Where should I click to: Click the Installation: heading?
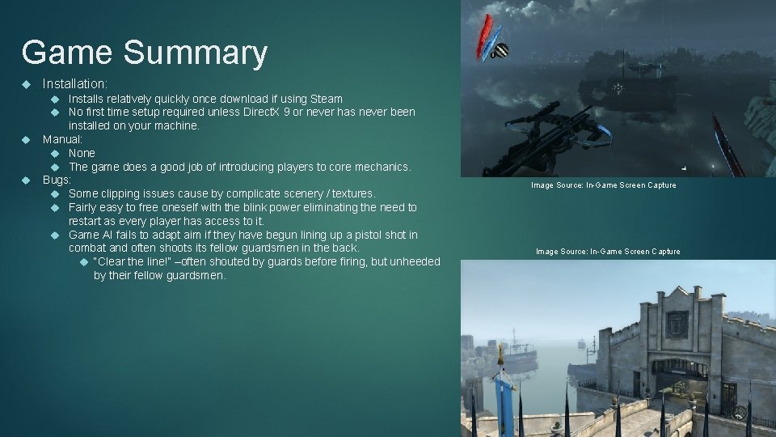click(75, 83)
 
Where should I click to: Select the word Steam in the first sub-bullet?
click(326, 99)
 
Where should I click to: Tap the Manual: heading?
click(62, 139)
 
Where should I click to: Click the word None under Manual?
click(82, 153)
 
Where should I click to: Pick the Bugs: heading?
click(57, 180)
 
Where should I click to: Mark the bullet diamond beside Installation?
click(26, 83)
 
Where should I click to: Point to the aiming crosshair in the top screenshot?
click(618, 87)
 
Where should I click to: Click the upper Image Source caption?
click(603, 185)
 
